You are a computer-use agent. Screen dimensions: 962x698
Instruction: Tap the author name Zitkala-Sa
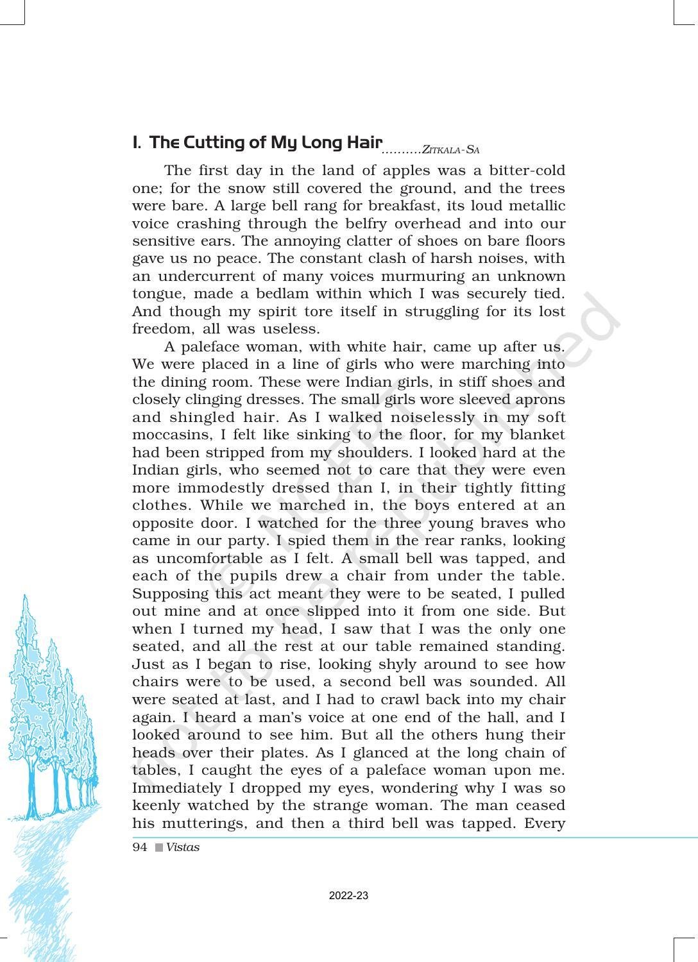click(x=451, y=150)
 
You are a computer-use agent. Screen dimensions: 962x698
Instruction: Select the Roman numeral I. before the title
click(x=136, y=142)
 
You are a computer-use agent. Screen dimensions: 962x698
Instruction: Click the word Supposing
click(x=169, y=594)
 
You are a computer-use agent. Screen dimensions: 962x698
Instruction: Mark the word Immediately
click(x=173, y=788)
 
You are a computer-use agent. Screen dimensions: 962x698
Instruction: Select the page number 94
click(x=139, y=847)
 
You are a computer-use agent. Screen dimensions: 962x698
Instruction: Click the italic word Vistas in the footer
click(x=183, y=847)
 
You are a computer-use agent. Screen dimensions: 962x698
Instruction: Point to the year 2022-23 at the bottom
click(x=348, y=896)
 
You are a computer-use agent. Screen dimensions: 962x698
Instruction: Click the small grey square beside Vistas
click(x=158, y=848)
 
